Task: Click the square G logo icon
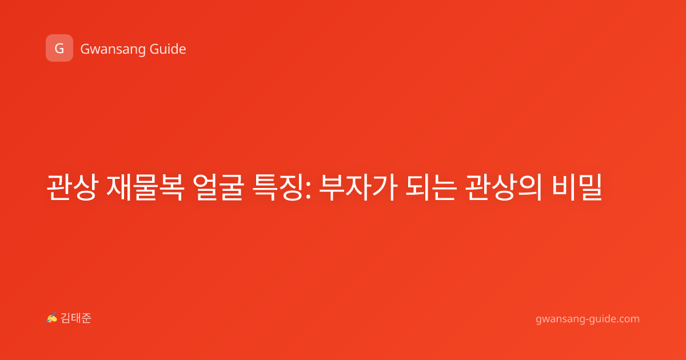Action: click(59, 48)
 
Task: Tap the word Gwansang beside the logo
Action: click(113, 49)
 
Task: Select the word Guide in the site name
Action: click(167, 49)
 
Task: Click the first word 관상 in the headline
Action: click(72, 187)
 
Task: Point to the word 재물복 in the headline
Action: click(145, 187)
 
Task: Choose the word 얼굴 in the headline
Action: click(218, 187)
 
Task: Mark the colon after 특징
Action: click(308, 190)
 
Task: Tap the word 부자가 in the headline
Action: click(358, 187)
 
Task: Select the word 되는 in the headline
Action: click(431, 187)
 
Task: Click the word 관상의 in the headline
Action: click(504, 187)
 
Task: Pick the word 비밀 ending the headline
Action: click(577, 187)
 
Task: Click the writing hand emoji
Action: click(52, 318)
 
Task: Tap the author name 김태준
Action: click(76, 318)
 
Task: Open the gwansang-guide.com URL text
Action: click(588, 319)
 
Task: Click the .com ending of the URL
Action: click(628, 319)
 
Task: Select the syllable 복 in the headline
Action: click(171, 187)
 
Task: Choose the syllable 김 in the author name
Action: click(66, 318)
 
